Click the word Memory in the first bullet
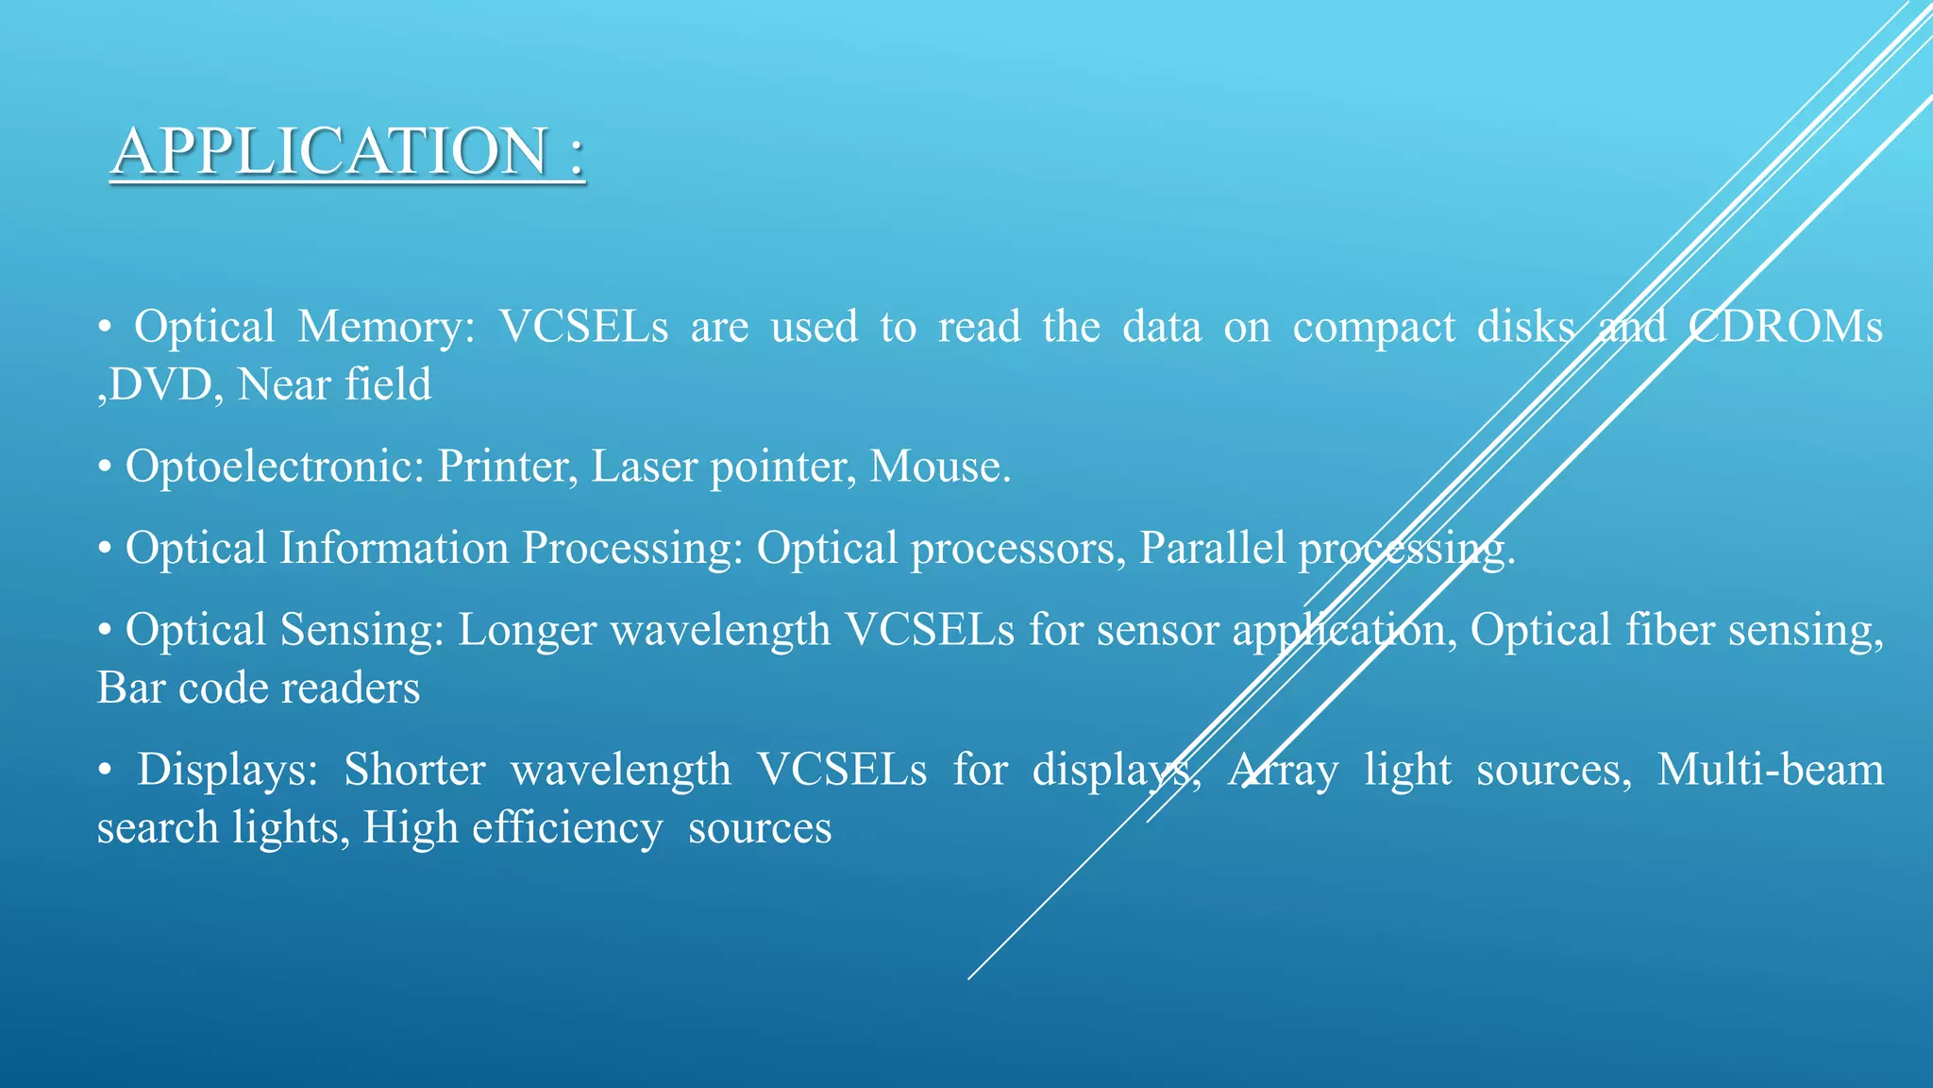coord(386,327)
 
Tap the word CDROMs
coord(1784,327)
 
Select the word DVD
coord(160,385)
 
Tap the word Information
coord(394,549)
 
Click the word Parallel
coord(1212,549)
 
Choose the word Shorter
coord(414,770)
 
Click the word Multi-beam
coord(1770,770)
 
